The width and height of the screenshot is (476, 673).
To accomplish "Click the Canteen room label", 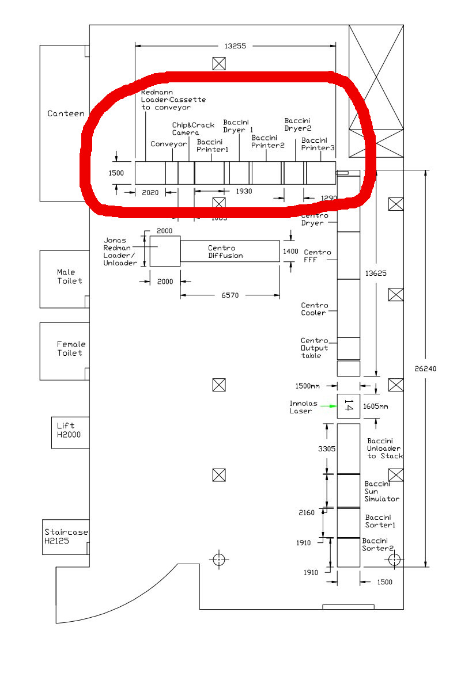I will (66, 113).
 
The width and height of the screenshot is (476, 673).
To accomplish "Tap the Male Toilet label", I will (70, 276).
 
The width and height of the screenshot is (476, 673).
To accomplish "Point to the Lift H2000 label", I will (69, 430).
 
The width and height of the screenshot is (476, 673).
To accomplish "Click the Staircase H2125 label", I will (66, 537).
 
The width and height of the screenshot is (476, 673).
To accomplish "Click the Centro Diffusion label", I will (225, 252).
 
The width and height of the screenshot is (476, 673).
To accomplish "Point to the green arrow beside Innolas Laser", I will (329, 406).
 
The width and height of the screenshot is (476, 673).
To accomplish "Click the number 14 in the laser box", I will (348, 406).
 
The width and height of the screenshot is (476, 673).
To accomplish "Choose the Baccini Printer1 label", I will (213, 146).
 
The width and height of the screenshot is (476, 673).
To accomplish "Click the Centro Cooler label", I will (315, 309).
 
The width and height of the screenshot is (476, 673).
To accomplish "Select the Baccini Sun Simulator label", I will (381, 491).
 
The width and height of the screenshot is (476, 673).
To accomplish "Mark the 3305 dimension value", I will (327, 448).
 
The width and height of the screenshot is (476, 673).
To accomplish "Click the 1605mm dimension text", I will (375, 406).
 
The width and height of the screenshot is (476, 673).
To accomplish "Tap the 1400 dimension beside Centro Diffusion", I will (291, 251).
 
